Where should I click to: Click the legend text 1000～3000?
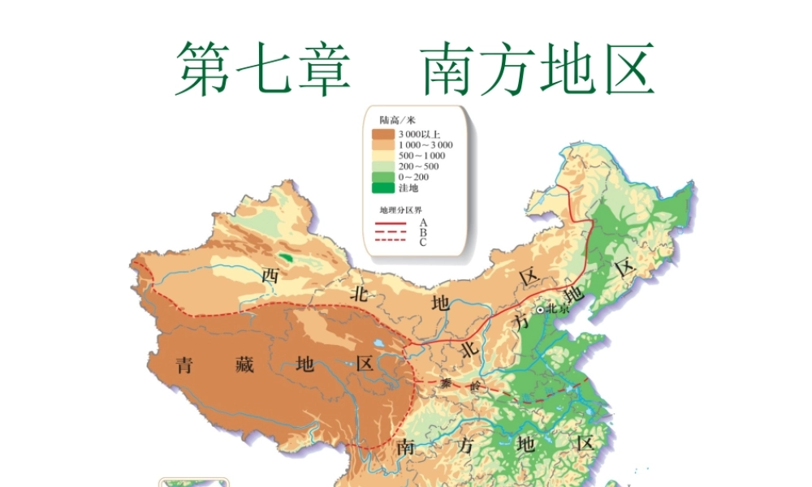425,144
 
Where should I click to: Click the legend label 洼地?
408,187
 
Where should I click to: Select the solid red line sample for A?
390,222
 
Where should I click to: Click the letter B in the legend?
423,232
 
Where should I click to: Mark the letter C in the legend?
423,242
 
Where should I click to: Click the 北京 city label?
559,308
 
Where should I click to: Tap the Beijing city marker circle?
540,309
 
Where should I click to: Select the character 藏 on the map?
243,364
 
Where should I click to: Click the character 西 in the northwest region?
270,276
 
